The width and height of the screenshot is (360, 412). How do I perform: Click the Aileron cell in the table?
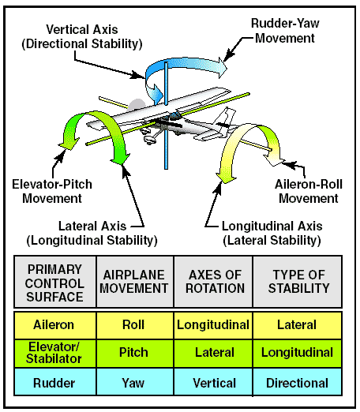tap(54, 325)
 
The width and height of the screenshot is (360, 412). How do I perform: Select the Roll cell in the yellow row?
tap(134, 325)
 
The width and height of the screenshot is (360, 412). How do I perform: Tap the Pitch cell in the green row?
tap(134, 353)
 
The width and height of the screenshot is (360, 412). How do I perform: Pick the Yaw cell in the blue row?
tap(134, 382)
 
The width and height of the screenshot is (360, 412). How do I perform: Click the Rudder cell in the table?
tap(54, 382)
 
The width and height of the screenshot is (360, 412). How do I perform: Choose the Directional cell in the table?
tap(298, 382)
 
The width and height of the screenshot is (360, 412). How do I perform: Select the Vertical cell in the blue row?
tap(213, 382)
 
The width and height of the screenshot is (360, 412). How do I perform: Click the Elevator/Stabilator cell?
tap(54, 353)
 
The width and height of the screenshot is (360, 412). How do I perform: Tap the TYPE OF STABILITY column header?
tap(298, 282)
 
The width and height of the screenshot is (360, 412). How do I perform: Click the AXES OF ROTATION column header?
tap(213, 282)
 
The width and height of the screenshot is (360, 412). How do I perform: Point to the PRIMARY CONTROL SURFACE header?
tap(54, 282)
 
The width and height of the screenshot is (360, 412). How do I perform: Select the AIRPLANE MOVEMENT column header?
tap(134, 282)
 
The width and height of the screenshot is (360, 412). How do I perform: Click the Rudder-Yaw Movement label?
tap(285, 31)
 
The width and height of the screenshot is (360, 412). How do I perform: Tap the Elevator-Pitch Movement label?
tap(52, 191)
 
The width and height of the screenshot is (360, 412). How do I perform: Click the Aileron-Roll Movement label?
tap(309, 191)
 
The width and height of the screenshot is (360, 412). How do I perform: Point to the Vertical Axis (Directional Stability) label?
tap(82, 36)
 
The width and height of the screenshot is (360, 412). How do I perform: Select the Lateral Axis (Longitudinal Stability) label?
tap(92, 233)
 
